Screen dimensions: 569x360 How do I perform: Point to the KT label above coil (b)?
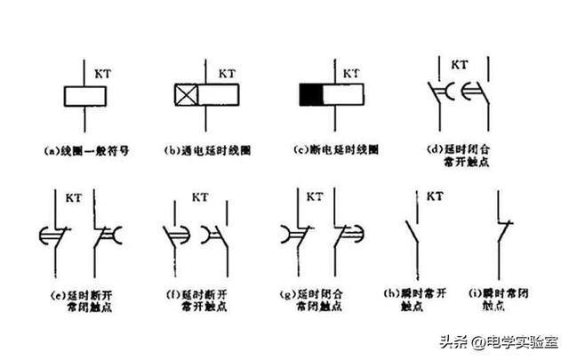click(227, 68)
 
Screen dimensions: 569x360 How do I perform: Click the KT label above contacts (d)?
click(460, 66)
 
